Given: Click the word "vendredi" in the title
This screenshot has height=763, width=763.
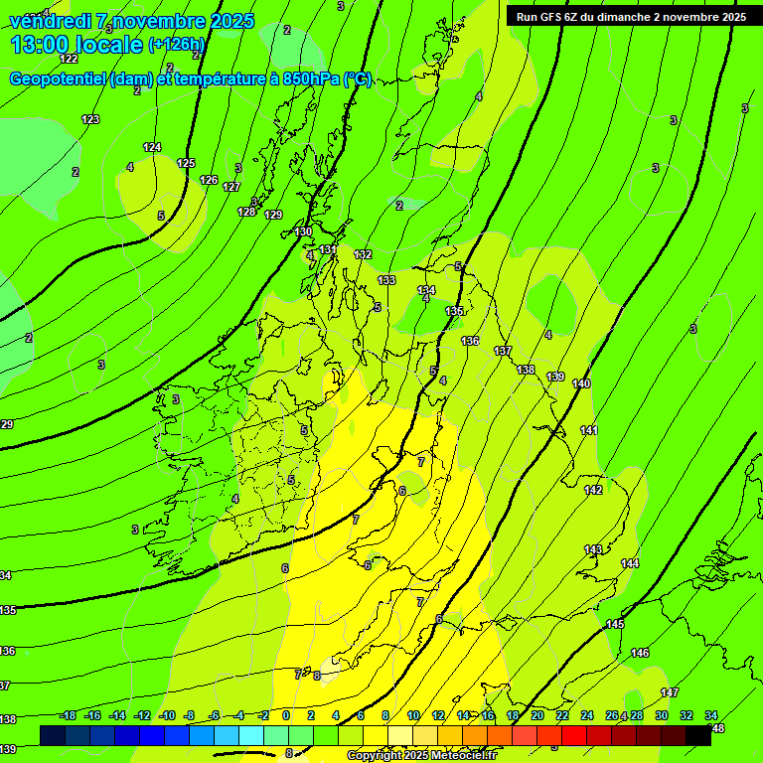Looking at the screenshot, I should (x=51, y=21).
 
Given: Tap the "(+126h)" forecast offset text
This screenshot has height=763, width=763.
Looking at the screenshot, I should (x=176, y=45).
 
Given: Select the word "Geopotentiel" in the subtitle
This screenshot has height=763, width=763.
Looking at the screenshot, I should (x=60, y=79).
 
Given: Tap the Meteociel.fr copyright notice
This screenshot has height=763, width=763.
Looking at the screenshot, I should (x=428, y=756).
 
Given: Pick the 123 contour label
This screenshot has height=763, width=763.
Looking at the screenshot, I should (x=90, y=119).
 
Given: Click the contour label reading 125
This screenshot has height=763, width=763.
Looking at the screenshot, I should (x=186, y=163).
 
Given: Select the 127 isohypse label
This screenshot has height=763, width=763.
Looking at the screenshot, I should (x=231, y=187).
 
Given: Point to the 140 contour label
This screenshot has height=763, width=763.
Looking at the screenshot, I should (x=581, y=383).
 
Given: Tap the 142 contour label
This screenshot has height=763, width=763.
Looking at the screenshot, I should (x=593, y=490).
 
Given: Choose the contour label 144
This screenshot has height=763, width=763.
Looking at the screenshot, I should (x=630, y=563).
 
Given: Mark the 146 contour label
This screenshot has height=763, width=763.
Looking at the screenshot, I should (x=640, y=653).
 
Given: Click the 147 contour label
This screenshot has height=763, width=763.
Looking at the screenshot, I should (x=670, y=692).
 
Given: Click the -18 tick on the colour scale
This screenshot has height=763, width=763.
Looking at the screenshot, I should (x=68, y=715).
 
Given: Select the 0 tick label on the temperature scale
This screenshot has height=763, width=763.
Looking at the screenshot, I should (x=286, y=715).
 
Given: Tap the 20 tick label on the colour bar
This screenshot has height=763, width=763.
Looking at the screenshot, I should (x=536, y=715).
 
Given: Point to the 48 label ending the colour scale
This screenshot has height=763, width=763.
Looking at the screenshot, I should (x=717, y=728).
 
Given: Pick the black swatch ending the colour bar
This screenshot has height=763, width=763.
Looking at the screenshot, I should (x=697, y=735).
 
